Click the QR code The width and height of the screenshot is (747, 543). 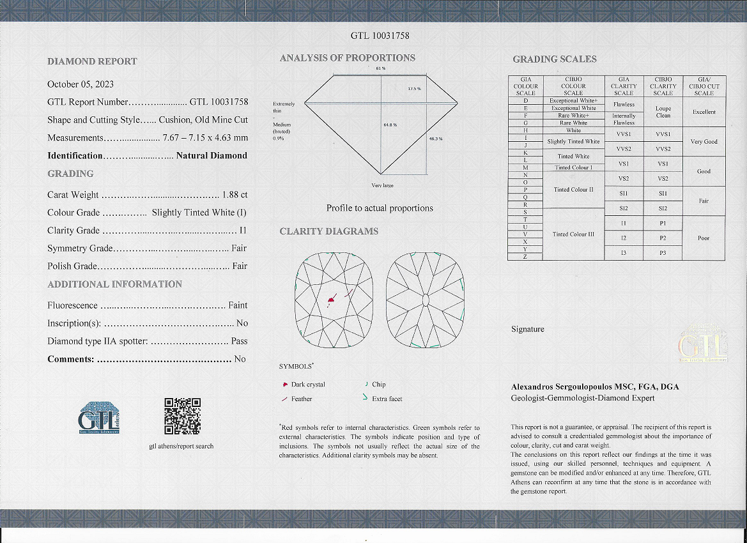182,416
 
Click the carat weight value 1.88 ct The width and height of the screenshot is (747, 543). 235,195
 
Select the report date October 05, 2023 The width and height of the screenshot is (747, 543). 81,84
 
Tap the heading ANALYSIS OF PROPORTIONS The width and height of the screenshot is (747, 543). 347,58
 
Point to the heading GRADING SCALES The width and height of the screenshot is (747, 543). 554,59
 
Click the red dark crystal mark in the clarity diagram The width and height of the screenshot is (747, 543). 331,298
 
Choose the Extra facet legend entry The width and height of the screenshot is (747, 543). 387,399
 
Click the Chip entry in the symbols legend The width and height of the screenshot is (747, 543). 378,385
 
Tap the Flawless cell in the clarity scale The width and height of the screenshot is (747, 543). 624,103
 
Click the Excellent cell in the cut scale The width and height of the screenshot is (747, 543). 704,112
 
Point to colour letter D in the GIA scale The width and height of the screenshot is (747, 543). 525,100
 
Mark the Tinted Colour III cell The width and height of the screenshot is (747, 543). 573,234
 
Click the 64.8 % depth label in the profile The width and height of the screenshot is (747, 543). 390,125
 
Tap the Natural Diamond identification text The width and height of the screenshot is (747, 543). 212,155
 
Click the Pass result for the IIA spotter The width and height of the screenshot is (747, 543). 239,341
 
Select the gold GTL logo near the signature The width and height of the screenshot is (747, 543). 702,346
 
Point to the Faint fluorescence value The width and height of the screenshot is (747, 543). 238,305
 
